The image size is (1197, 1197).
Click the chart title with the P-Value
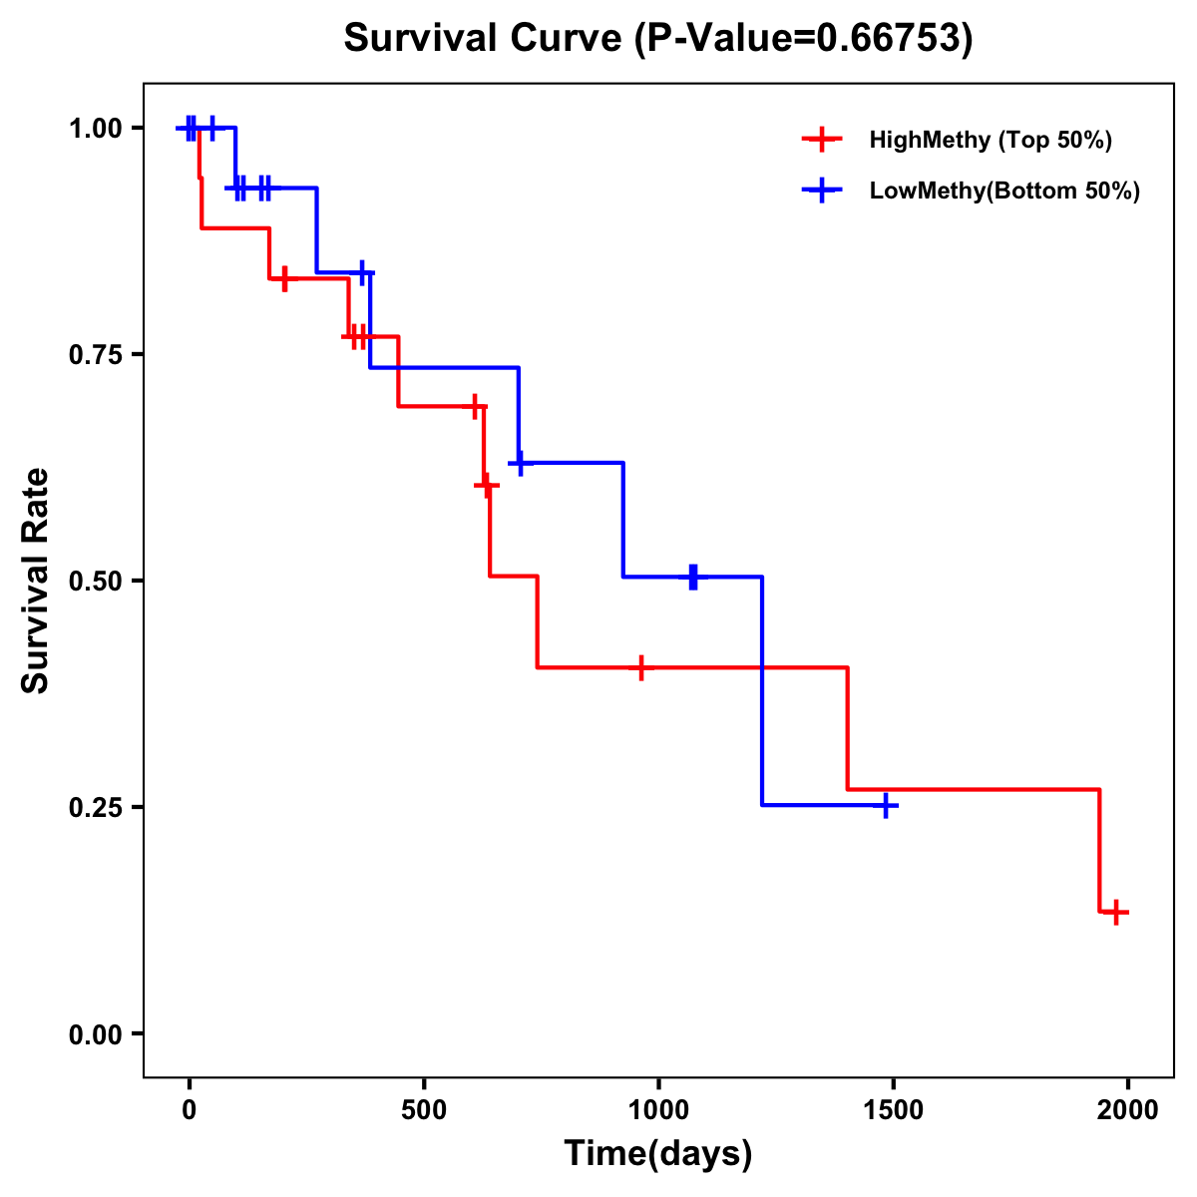pyautogui.click(x=658, y=38)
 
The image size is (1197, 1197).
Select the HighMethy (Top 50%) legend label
pyautogui.click(x=990, y=140)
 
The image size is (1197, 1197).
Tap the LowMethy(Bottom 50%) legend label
pyautogui.click(x=1004, y=191)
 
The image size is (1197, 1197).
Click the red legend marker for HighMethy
pyautogui.click(x=821, y=140)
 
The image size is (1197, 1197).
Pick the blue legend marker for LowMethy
pyautogui.click(x=821, y=191)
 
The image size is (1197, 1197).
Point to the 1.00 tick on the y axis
pyautogui.click(x=95, y=129)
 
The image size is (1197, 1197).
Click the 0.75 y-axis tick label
pyautogui.click(x=95, y=355)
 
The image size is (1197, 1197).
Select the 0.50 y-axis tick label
pyautogui.click(x=95, y=582)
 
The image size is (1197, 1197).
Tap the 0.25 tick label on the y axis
pyautogui.click(x=95, y=807)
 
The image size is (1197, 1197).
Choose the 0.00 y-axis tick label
pyautogui.click(x=95, y=1034)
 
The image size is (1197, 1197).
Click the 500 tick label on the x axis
pyautogui.click(x=424, y=1110)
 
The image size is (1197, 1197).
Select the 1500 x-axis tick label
pyautogui.click(x=893, y=1110)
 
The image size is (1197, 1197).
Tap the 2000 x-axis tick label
pyautogui.click(x=1128, y=1110)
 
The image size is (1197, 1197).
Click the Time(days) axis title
pyautogui.click(x=658, y=1154)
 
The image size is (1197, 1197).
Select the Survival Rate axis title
pyautogui.click(x=36, y=581)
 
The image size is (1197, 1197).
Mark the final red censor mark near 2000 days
pyautogui.click(x=1116, y=912)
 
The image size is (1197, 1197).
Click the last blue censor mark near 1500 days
pyautogui.click(x=885, y=805)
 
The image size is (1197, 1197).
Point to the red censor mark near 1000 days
pyautogui.click(x=640, y=667)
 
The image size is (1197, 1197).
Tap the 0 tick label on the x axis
pyautogui.click(x=189, y=1110)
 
